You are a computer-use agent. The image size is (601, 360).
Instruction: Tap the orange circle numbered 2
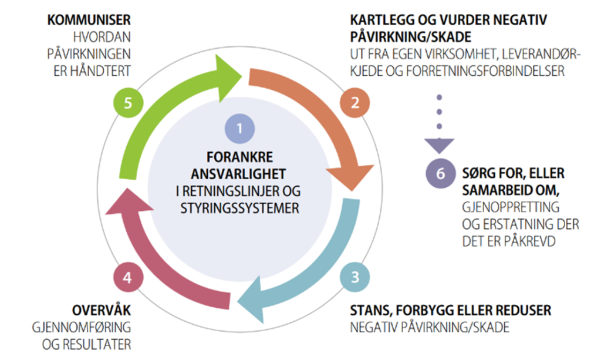coord(355,103)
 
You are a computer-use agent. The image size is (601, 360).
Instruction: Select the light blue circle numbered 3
coord(354,276)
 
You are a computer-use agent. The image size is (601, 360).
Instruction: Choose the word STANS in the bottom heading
coord(367,310)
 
